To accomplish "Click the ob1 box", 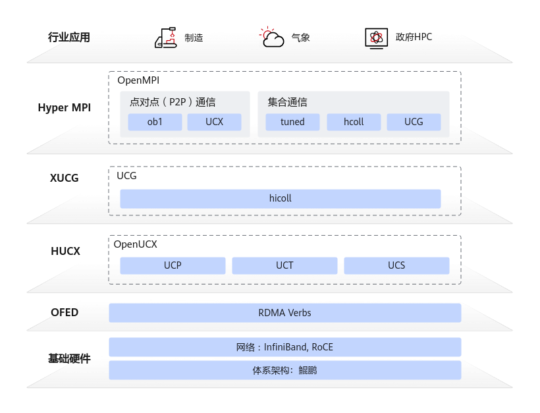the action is [x=155, y=122].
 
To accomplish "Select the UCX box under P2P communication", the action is [x=214, y=122].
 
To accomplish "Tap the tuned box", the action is [x=292, y=122].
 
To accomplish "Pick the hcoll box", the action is [x=354, y=122].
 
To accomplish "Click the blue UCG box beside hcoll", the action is [x=414, y=122].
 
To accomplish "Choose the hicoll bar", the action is [x=281, y=199].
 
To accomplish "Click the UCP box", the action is [x=173, y=265].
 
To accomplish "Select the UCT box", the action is [x=284, y=265].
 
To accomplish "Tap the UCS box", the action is [x=396, y=265].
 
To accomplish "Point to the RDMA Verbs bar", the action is [x=284, y=313].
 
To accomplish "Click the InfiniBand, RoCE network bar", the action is [x=284, y=347].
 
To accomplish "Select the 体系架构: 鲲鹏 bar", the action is [x=284, y=370].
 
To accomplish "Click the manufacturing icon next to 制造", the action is [x=166, y=38].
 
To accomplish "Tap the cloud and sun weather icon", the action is [x=272, y=37].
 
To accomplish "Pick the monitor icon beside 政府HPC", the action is [x=376, y=38].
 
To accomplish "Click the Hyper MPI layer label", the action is [x=65, y=108].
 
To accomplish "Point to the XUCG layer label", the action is [x=65, y=178].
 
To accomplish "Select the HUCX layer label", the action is [x=65, y=251].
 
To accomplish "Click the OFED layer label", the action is [x=65, y=312].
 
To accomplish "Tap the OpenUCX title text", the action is [x=136, y=244].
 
